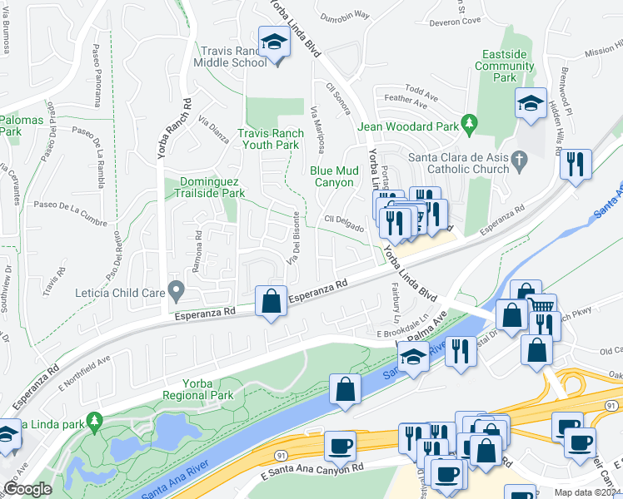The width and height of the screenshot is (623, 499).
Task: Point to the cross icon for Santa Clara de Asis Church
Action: [x=519, y=158]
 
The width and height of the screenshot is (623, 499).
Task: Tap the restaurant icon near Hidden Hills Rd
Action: [x=576, y=164]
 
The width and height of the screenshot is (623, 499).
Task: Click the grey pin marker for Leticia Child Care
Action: [x=176, y=291]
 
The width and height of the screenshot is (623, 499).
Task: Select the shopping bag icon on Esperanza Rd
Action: [x=272, y=300]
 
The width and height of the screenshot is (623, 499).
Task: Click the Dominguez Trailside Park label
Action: [x=212, y=187]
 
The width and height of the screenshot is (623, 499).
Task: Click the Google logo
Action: [x=27, y=489]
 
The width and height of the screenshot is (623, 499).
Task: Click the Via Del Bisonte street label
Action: [x=295, y=239]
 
